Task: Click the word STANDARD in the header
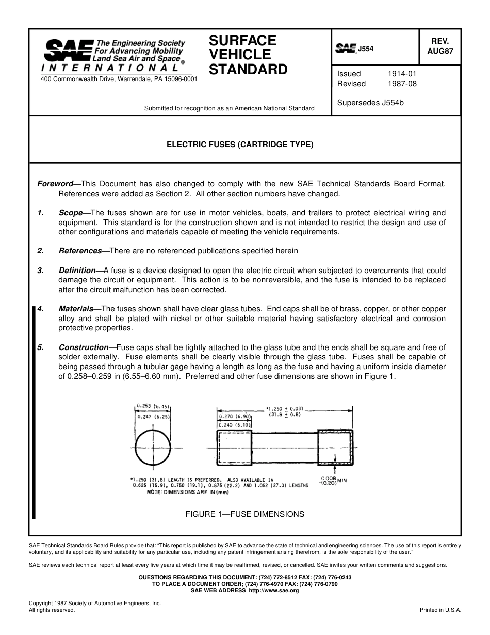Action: click(x=248, y=70)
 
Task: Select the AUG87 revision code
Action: click(x=440, y=51)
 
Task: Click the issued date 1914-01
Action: click(x=402, y=74)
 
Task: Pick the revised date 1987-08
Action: click(x=402, y=84)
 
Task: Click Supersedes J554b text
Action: click(x=370, y=103)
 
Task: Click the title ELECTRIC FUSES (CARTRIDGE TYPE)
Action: click(x=239, y=145)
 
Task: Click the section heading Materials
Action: click(x=75, y=309)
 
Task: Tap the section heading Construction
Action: click(x=80, y=347)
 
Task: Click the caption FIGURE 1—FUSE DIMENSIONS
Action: click(x=244, y=514)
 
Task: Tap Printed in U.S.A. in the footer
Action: click(x=440, y=610)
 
